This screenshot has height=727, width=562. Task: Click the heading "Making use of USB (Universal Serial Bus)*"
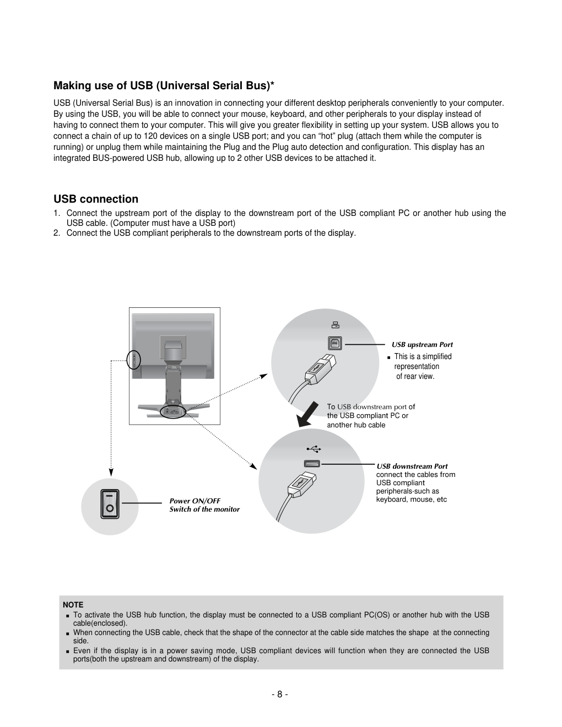[164, 86]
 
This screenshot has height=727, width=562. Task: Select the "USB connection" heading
[96, 199]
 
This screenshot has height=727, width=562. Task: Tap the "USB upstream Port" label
[422, 345]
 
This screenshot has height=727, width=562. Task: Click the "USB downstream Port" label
[412, 466]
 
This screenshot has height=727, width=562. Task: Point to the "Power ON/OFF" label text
[194, 501]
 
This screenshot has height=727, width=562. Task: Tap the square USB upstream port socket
[335, 344]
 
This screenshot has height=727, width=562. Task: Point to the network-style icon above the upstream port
[335, 325]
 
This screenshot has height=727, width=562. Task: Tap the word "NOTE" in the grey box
[73, 605]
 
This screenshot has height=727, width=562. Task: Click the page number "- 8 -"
[280, 695]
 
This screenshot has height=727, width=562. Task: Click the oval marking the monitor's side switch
[134, 360]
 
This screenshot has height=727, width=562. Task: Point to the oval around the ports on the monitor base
[172, 411]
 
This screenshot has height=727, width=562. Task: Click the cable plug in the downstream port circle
[301, 485]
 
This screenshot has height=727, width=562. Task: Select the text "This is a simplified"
[423, 357]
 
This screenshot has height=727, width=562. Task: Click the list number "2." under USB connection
[57, 233]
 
